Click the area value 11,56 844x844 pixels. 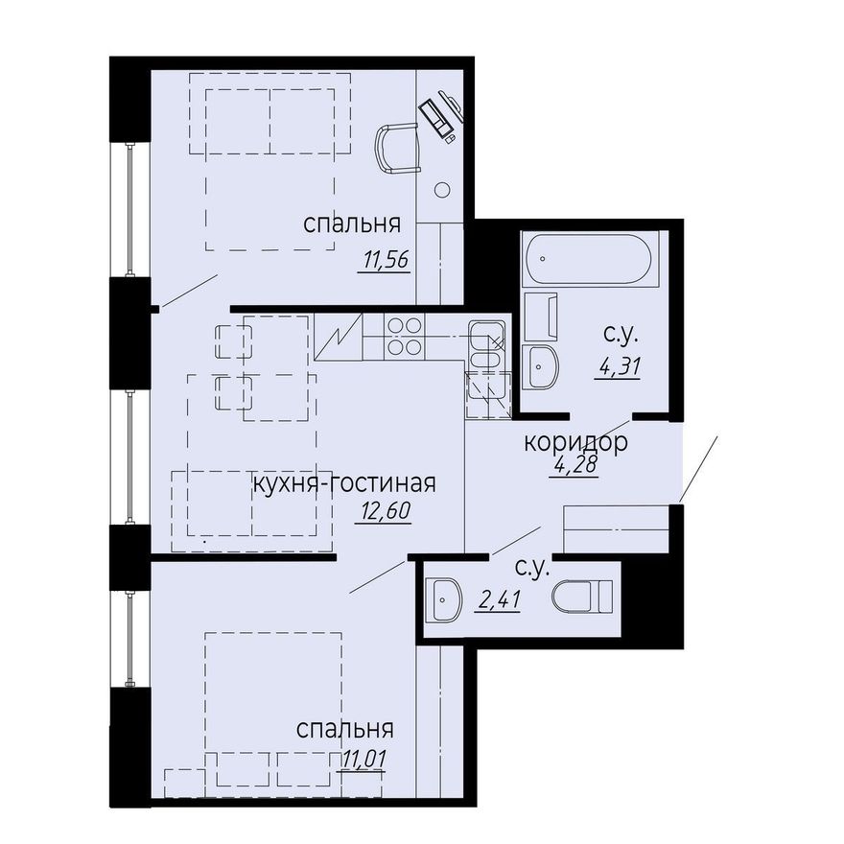(387, 260)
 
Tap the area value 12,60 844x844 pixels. (383, 511)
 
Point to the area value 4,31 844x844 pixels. (620, 366)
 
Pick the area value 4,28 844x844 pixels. (575, 464)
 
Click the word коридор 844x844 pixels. (575, 442)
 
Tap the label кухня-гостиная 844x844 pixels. (344, 483)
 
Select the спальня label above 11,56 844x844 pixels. (352, 223)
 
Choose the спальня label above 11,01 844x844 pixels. (345, 729)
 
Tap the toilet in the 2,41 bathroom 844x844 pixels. (582, 596)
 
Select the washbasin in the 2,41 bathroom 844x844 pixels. (444, 599)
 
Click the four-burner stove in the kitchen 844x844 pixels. (404, 337)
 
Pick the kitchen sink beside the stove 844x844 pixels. (486, 344)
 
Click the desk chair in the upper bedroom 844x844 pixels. (397, 148)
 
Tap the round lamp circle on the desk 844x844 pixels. (442, 190)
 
